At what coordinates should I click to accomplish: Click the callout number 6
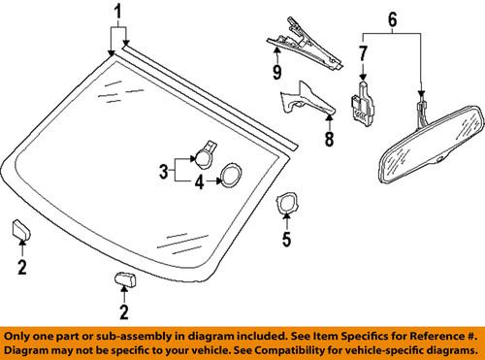(x=393, y=18)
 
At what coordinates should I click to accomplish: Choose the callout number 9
(x=277, y=72)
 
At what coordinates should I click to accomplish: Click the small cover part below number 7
(x=362, y=101)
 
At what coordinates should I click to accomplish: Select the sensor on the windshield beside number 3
(x=207, y=150)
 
